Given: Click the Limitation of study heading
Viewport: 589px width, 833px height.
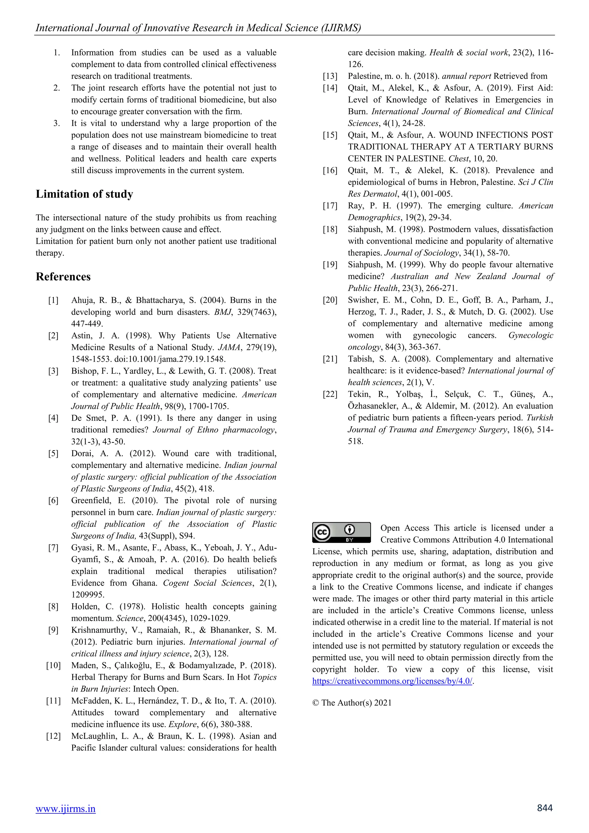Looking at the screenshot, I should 84,194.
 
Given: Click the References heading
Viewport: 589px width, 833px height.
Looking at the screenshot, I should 63,277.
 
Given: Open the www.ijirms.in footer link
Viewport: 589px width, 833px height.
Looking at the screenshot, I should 66,808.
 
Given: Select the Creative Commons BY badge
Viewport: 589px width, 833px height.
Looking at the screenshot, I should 341,532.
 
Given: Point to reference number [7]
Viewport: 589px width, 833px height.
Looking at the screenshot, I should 53,547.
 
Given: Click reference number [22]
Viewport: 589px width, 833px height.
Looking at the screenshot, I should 330,394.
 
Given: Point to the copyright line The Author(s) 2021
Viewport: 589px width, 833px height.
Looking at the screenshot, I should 352,702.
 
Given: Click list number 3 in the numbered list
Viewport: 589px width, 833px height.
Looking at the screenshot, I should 57,123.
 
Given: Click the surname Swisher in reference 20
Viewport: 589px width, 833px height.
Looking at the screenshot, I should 364,300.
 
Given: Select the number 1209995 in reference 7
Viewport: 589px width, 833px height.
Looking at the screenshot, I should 87,595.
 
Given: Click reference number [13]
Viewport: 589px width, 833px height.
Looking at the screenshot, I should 330,76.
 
